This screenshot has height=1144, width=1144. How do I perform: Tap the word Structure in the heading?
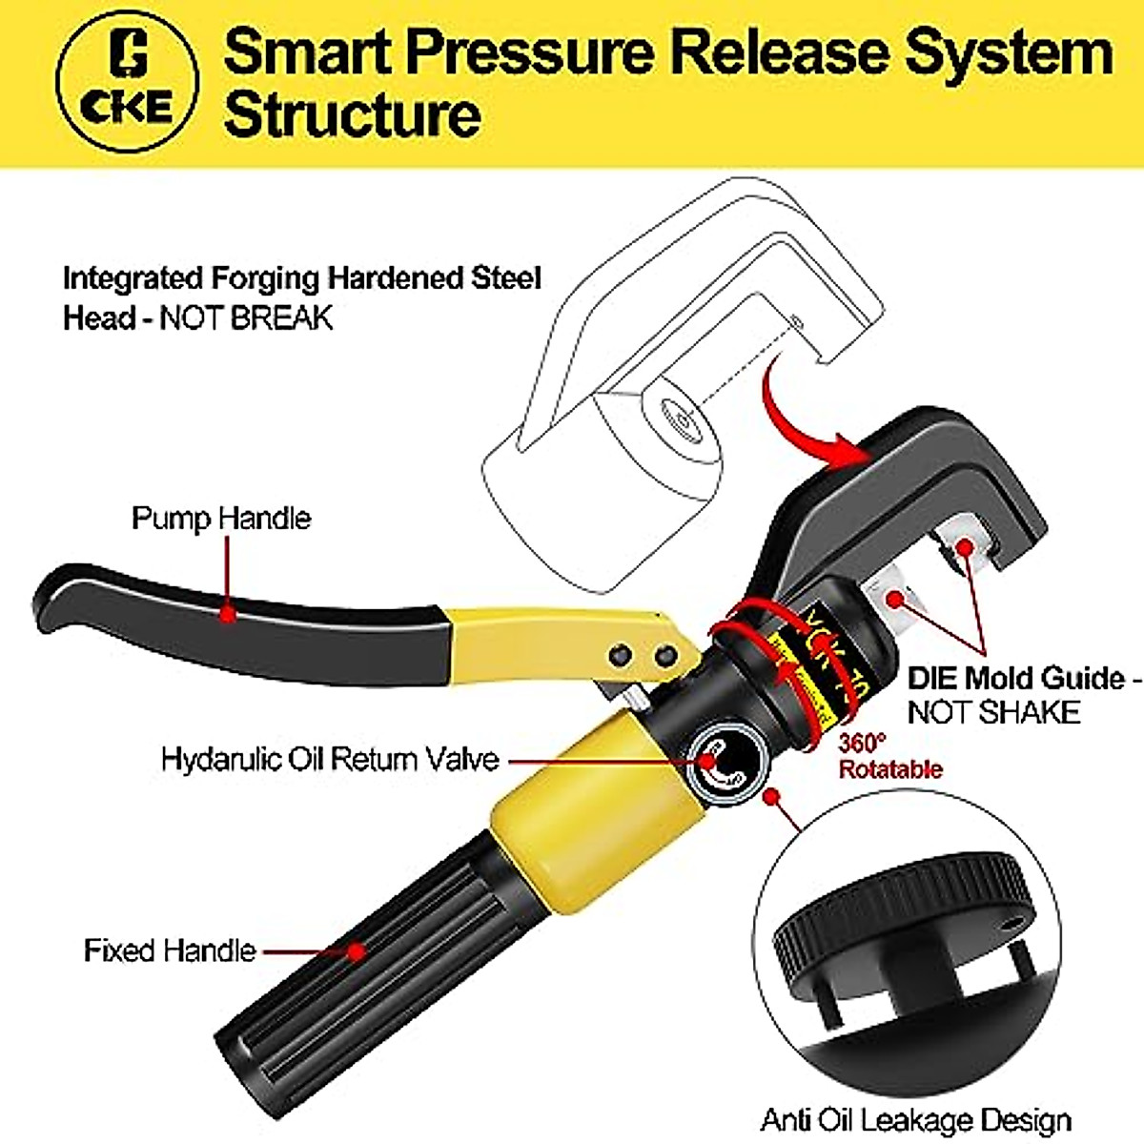click(x=352, y=114)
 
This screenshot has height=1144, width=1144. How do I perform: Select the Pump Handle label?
click(x=221, y=519)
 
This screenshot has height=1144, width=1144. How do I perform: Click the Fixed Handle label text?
click(x=170, y=950)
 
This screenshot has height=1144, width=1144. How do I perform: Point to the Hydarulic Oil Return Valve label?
click(x=330, y=760)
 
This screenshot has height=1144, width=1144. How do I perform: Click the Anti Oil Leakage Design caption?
click(x=915, y=1119)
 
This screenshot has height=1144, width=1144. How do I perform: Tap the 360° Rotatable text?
click(x=889, y=756)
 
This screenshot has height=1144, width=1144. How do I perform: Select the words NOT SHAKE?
click(x=992, y=712)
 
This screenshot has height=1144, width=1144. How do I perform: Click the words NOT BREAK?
click(x=246, y=317)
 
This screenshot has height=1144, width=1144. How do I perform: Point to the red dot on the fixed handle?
click(x=356, y=950)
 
